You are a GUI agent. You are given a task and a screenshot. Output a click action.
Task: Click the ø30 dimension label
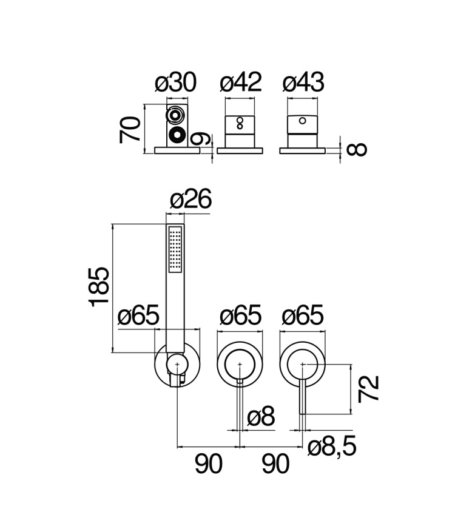[175, 83]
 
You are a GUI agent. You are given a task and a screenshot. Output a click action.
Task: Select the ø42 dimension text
[240, 83]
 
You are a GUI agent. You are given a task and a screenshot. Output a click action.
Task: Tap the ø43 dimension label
[303, 83]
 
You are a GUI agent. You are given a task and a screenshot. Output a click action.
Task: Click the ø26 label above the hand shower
[190, 200]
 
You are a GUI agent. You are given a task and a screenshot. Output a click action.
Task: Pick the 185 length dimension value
[99, 287]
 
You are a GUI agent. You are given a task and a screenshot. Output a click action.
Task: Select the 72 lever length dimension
[368, 388]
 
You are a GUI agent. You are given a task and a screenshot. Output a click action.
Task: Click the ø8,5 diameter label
[331, 448]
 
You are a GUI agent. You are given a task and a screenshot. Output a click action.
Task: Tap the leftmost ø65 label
[138, 316]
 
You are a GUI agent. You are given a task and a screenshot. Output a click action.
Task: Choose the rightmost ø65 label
[303, 316]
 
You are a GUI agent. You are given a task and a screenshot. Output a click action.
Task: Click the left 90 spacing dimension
[209, 465]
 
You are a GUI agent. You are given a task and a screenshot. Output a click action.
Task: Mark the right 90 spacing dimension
[275, 465]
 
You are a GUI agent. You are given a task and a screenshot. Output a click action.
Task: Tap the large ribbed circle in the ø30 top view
[176, 136]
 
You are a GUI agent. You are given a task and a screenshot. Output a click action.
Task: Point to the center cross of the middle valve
[240, 365]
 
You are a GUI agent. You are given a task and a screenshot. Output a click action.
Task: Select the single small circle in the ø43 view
[302, 121]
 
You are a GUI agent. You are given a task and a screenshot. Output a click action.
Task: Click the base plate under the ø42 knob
[240, 150]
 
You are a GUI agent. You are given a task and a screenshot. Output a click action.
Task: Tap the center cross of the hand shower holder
[177, 365]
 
